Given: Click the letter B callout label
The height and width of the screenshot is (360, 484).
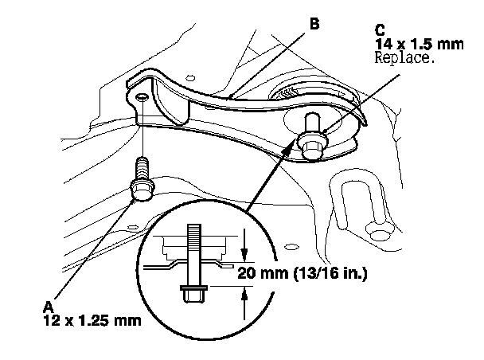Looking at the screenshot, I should coord(315,25).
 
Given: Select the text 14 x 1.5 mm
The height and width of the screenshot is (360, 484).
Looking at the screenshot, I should coord(417,47).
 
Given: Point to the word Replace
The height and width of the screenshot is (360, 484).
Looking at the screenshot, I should coord(407,60).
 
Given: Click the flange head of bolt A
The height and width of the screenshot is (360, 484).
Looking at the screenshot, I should coord(142,191).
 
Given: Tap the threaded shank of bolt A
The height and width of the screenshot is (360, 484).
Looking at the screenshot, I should coord(143,170).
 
